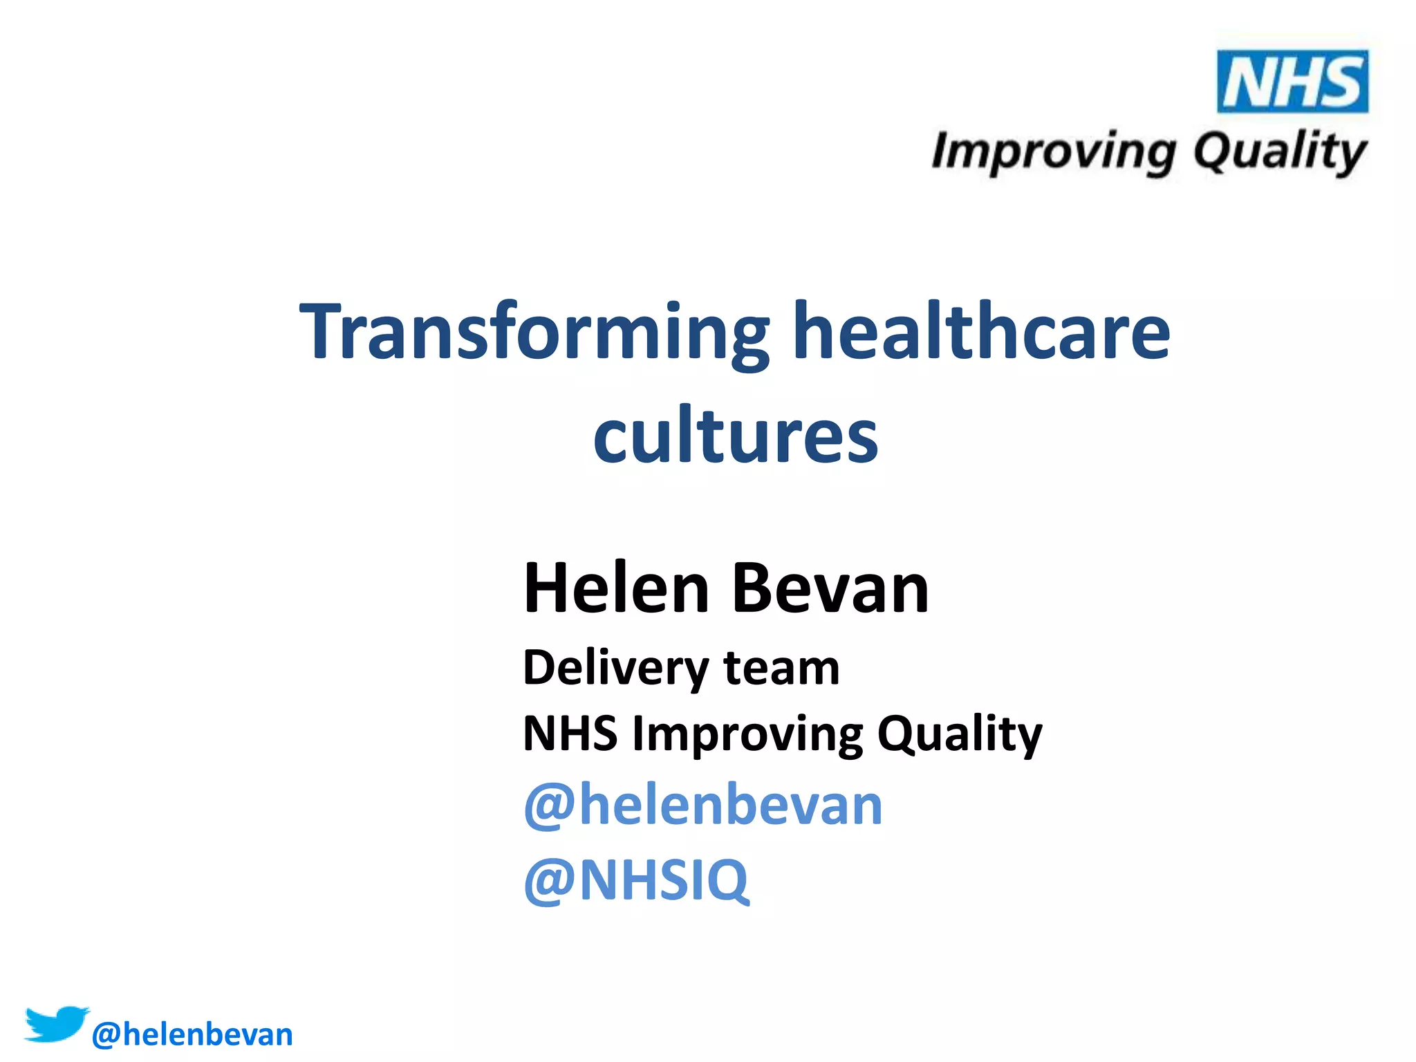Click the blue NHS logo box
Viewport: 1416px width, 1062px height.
pos(1292,82)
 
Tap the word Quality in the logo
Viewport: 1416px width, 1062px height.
pos(1280,152)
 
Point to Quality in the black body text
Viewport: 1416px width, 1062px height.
pos(960,734)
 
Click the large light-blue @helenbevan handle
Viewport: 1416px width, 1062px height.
pos(703,805)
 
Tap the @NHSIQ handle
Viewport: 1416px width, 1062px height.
pos(636,879)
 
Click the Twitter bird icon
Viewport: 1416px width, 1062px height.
pos(57,1024)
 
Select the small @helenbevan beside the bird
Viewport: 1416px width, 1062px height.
pos(192,1034)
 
